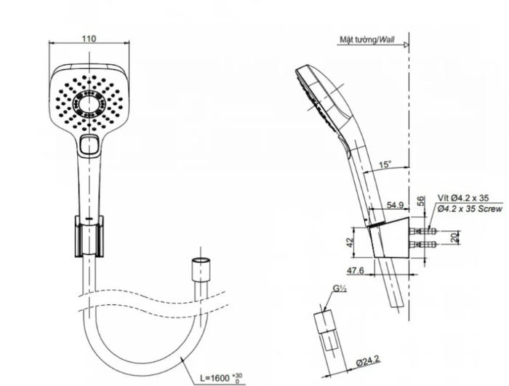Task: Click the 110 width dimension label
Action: click(x=89, y=39)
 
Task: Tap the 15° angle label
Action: click(x=385, y=164)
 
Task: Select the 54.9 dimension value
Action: click(x=395, y=205)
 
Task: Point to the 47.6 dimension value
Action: click(x=356, y=270)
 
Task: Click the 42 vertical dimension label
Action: click(x=350, y=243)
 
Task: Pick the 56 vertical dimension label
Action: click(x=421, y=200)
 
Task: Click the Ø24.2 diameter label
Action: click(x=368, y=361)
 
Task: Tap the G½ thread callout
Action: click(x=340, y=288)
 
